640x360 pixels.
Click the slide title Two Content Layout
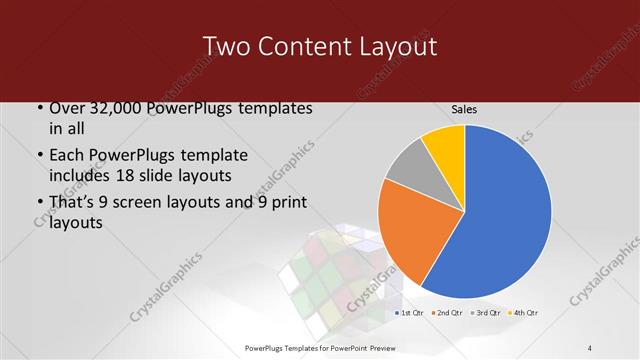tap(319, 46)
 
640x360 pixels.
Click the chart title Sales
tap(463, 109)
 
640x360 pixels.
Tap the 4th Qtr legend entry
tap(524, 313)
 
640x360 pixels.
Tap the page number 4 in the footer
tap(590, 347)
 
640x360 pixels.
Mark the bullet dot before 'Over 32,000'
tap(39, 109)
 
